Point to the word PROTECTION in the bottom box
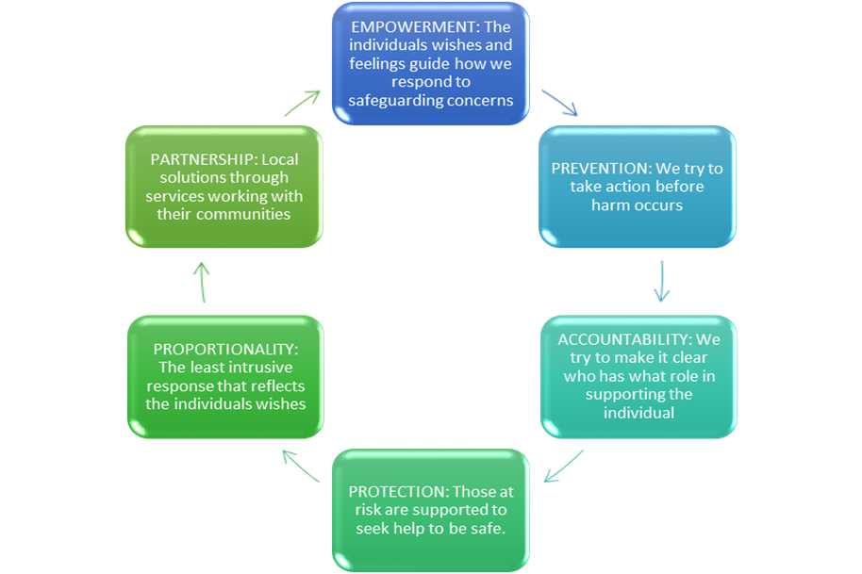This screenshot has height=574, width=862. (397, 492)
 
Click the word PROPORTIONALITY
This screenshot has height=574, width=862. (224, 349)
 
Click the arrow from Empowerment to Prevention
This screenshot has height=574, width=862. (558, 103)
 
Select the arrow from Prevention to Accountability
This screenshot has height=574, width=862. (662, 281)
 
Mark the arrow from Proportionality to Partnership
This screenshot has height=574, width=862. (202, 283)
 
